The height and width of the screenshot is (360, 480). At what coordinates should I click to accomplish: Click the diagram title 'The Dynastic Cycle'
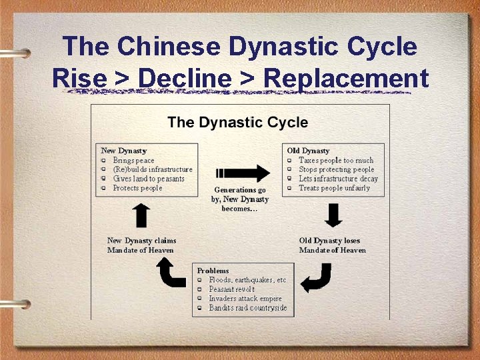tap(237, 122)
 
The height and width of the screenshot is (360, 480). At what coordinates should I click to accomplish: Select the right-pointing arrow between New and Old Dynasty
tap(242, 173)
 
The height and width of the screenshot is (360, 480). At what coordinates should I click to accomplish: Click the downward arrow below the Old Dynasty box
tap(333, 215)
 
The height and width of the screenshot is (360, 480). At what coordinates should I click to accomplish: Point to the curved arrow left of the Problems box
tap(171, 273)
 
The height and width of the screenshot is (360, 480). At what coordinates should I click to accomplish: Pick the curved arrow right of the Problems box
tap(316, 277)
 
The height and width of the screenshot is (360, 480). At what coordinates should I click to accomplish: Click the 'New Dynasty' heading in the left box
tap(123, 151)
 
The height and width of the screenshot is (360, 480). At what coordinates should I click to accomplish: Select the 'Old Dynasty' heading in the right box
tap(308, 151)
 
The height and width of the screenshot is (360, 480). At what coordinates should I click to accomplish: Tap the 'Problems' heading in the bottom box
tap(213, 271)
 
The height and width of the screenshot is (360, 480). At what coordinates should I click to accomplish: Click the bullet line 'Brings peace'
tap(133, 160)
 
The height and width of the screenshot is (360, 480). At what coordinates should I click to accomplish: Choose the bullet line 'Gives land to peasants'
tap(148, 179)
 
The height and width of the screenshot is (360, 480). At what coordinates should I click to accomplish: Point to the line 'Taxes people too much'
tap(336, 160)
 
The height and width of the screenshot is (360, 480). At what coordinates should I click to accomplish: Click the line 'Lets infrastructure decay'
tap(338, 179)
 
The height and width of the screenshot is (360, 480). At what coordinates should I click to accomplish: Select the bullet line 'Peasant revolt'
tap(232, 289)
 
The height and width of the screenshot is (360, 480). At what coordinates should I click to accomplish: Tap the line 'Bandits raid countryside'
tap(247, 308)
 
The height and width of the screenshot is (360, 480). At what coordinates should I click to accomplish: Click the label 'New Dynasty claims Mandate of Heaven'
tap(141, 245)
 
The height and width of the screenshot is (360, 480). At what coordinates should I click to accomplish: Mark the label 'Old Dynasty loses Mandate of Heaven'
tap(332, 245)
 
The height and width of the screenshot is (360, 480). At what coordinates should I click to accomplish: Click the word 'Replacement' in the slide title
tap(346, 79)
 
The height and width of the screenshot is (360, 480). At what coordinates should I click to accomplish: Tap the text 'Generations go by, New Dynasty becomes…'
tap(240, 199)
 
